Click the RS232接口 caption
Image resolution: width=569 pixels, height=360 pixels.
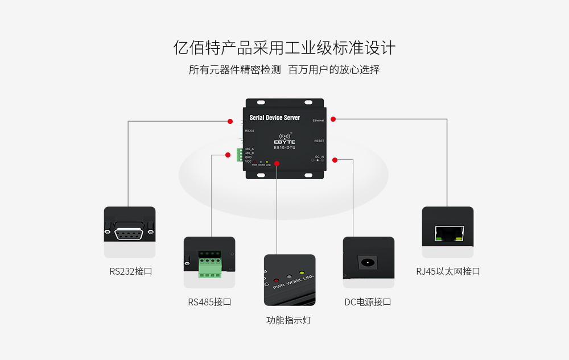[x=130, y=271]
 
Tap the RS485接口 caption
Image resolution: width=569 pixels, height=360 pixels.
[x=209, y=302]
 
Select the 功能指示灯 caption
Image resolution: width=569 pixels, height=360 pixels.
[x=288, y=320]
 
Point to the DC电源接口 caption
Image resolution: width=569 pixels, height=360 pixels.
[x=368, y=302]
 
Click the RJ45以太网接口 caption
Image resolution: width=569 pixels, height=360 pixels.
[x=448, y=271]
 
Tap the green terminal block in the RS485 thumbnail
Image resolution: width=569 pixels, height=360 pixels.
[x=209, y=267]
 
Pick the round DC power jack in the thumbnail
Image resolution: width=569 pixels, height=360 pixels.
[x=368, y=263]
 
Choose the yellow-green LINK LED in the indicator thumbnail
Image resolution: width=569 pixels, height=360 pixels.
[x=302, y=273]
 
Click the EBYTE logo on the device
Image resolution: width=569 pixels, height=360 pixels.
[x=284, y=141]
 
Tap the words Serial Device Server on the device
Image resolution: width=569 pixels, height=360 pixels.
[x=275, y=118]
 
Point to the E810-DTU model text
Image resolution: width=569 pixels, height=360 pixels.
[x=284, y=148]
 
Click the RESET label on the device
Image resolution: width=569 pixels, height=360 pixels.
[x=319, y=140]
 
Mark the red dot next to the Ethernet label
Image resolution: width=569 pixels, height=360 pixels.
[x=333, y=119]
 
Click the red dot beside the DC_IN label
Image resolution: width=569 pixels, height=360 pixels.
[x=336, y=160]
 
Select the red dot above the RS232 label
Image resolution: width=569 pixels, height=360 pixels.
[x=230, y=121]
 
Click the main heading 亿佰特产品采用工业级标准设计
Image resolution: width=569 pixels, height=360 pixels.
[x=284, y=48]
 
